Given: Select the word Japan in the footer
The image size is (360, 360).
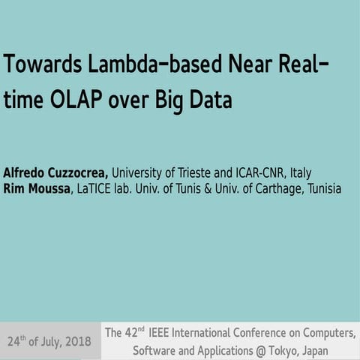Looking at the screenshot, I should tap(311, 350).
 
